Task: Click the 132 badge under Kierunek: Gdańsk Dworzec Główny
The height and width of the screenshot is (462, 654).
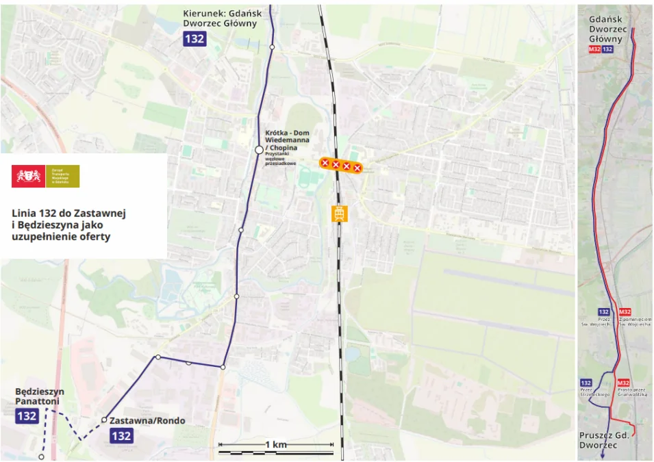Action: pos(194,38)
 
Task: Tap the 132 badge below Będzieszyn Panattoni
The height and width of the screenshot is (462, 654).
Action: pos(27,415)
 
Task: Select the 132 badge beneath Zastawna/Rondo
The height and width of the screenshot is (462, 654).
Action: pos(121,435)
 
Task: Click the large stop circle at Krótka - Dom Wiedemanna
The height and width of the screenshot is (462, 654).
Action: pos(259,149)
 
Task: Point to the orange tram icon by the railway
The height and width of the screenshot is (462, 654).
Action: pos(338,214)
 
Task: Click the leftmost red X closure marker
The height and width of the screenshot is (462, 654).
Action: pos(325,163)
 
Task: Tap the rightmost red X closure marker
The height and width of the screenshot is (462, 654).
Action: pos(357,167)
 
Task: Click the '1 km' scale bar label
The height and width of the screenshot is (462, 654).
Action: pos(275,445)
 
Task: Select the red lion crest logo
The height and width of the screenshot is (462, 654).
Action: pos(28,176)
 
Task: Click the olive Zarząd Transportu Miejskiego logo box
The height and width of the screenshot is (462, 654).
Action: pos(62,176)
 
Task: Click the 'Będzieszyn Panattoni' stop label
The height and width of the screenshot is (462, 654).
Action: pos(39,396)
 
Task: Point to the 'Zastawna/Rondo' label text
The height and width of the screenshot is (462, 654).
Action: pos(147,420)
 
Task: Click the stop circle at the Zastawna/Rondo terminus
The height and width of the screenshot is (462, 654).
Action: pos(104,420)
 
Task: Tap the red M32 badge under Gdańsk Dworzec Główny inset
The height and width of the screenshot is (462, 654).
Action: pos(594,50)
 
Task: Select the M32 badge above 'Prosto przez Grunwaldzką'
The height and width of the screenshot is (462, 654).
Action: pos(623,383)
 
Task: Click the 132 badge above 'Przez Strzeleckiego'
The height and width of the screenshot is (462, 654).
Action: pos(586,383)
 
